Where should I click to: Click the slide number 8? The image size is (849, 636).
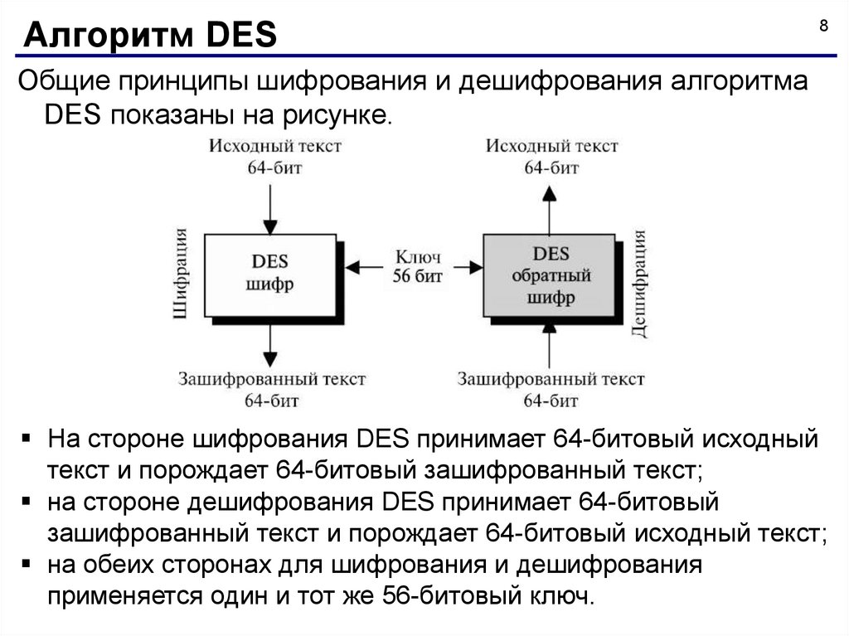point(823,26)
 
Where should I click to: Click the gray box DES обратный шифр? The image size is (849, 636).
point(550,274)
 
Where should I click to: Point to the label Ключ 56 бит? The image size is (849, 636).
point(416,266)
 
